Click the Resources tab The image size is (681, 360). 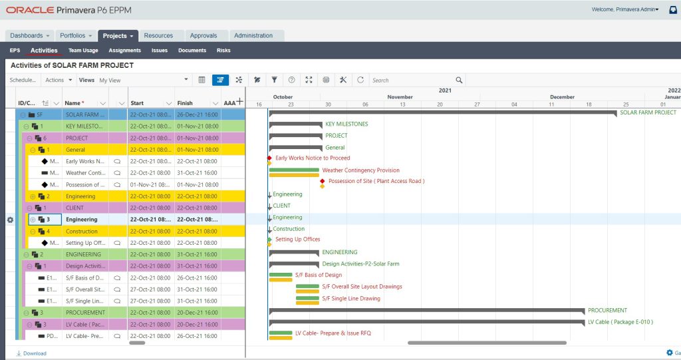coord(158,36)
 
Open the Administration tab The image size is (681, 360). coord(253,36)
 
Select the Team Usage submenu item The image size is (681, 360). coord(83,51)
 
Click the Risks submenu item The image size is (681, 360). coord(223,51)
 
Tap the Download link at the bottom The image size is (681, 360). coord(35,353)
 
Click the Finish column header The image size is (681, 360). coord(185,103)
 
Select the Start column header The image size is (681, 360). coord(138,103)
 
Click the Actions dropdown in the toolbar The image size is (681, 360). coord(58,80)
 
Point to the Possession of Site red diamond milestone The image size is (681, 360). coord(323,181)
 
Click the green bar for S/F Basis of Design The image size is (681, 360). coord(281,274)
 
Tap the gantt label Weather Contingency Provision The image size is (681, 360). coord(360,170)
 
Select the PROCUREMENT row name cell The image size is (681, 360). coord(84,312)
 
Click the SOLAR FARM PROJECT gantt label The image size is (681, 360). coord(648,112)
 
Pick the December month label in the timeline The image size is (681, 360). coord(563,97)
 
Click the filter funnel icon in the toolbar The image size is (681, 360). coord(274,80)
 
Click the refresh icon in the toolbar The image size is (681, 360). coord(360,80)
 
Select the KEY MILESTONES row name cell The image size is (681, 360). coord(84,126)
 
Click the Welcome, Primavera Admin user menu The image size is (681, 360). coord(624,9)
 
